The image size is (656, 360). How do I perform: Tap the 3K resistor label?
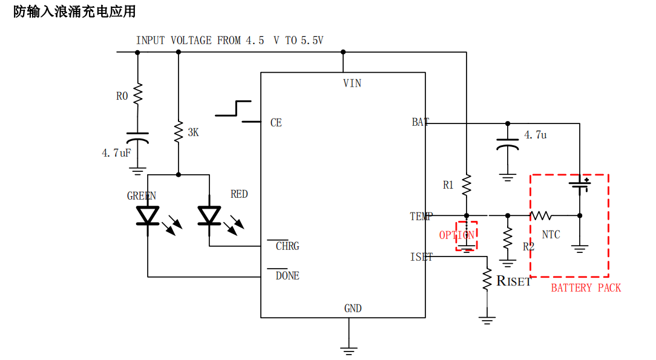click(x=193, y=132)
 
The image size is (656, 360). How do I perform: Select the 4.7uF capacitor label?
click(x=116, y=153)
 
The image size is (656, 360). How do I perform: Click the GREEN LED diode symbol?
click(x=148, y=215)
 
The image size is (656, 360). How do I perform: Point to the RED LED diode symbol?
click(x=209, y=215)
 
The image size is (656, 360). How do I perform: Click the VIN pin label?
click(x=352, y=83)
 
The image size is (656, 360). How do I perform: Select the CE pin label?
click(x=276, y=123)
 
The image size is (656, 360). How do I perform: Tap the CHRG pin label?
click(x=287, y=246)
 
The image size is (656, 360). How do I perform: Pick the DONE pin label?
click(x=287, y=276)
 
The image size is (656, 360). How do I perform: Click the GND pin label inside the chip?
click(x=353, y=309)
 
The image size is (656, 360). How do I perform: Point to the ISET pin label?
click(x=421, y=257)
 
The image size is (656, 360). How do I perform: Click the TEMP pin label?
click(x=421, y=216)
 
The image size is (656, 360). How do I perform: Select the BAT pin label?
click(x=421, y=122)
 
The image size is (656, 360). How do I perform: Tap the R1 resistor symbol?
click(x=466, y=185)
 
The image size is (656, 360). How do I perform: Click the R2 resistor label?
click(x=528, y=247)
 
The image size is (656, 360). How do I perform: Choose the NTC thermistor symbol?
click(x=540, y=215)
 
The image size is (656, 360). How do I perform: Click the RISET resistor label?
click(x=514, y=281)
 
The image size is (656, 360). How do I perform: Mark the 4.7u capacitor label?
click(x=535, y=135)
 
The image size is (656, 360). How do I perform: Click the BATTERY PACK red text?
click(x=586, y=288)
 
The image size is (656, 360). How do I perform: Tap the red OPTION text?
click(x=457, y=235)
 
